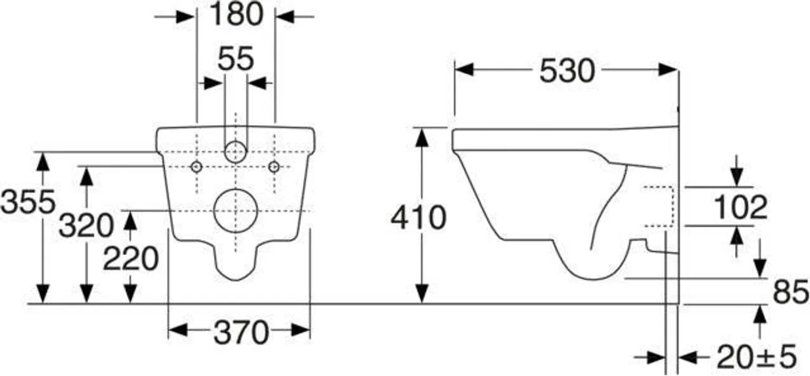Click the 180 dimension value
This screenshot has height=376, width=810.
tap(236, 15)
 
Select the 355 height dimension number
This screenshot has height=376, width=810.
tap(27, 202)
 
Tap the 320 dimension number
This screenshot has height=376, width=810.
tap(85, 226)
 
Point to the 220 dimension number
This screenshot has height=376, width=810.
tap(130, 259)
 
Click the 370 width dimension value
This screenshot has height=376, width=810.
tap(241, 332)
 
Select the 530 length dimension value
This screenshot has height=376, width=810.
tap(566, 71)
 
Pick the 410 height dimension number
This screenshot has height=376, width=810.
tap(418, 217)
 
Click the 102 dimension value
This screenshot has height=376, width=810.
tap(740, 207)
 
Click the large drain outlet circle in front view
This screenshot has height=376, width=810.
tap(236, 211)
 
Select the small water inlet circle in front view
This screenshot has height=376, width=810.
tap(236, 152)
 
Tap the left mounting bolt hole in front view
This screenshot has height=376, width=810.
tap(196, 167)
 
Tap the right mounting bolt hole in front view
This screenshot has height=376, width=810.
tap(274, 167)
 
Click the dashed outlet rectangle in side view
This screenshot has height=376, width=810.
tap(659, 206)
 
